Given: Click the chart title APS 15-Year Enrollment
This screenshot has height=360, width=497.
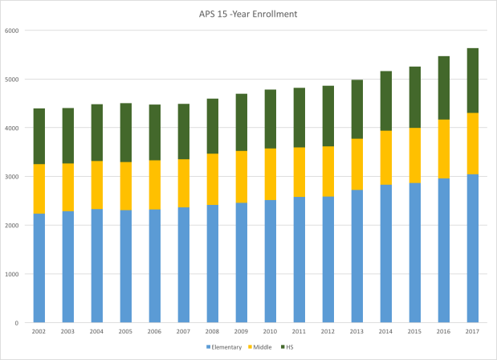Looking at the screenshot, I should [248, 14].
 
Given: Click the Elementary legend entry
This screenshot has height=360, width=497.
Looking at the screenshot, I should [231, 347].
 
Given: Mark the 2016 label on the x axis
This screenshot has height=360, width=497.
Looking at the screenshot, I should [444, 331].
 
